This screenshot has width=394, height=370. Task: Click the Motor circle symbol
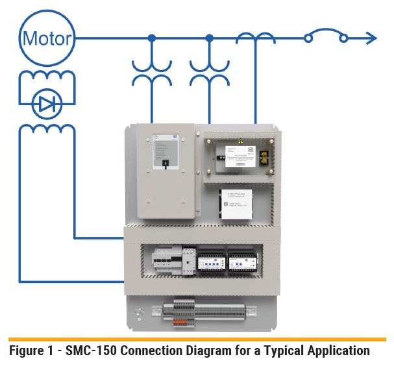click(x=47, y=38)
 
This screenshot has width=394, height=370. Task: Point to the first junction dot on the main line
click(x=151, y=38)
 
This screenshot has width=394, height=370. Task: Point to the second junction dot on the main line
click(x=209, y=38)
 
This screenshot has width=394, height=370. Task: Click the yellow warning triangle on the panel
click(x=240, y=141)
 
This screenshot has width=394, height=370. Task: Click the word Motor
click(x=47, y=38)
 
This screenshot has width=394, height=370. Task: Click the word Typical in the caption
click(x=279, y=351)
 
